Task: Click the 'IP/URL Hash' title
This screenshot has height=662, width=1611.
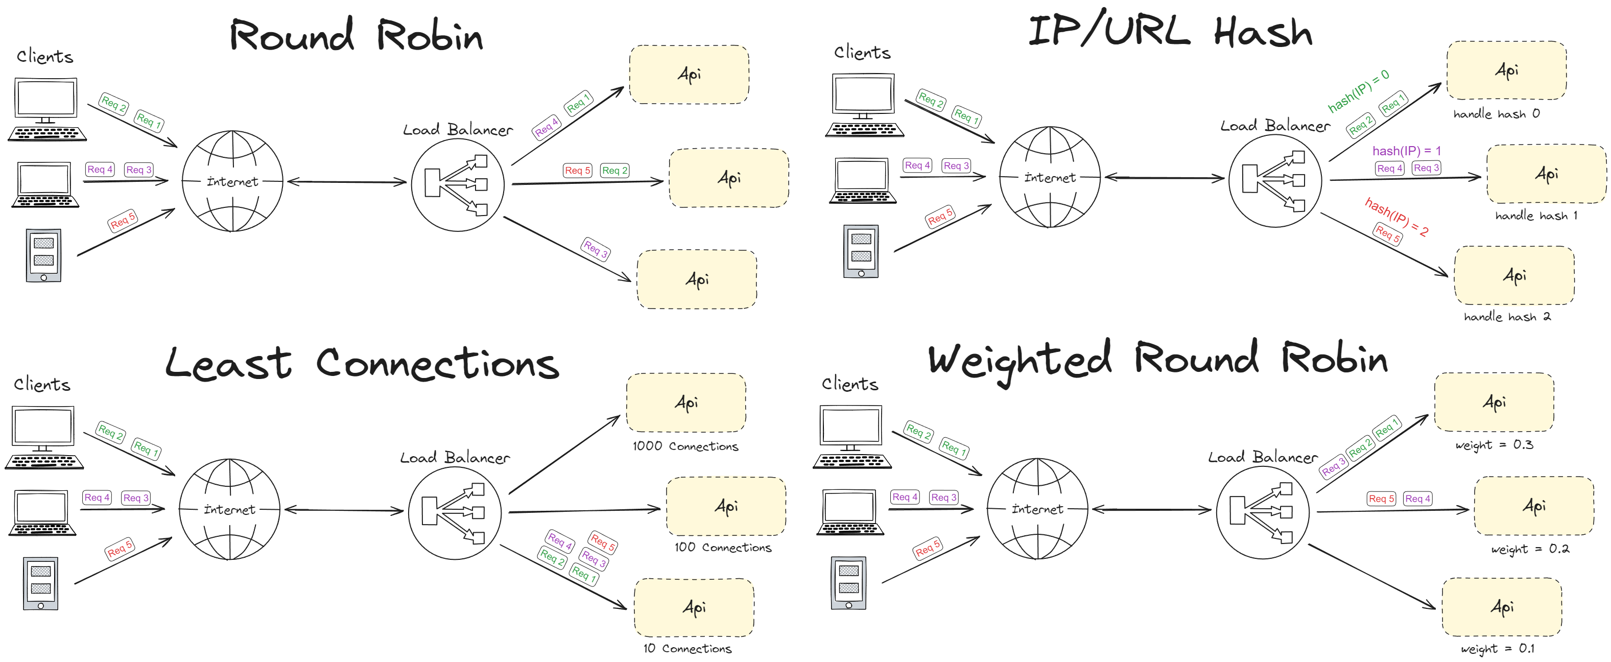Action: (x=1170, y=31)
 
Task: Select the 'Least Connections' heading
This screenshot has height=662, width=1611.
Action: (x=362, y=363)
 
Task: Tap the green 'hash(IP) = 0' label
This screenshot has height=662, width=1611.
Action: (x=1358, y=91)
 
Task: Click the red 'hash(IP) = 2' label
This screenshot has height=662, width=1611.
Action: (x=1396, y=217)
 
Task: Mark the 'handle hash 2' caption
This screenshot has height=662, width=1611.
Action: (x=1507, y=317)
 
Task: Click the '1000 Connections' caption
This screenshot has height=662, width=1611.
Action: (x=685, y=446)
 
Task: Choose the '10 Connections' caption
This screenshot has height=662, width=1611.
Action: (x=688, y=649)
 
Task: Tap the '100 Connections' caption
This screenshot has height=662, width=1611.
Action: (x=722, y=548)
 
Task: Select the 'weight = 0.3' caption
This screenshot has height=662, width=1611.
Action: (x=1494, y=445)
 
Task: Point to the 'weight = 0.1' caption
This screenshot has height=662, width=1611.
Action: (x=1497, y=649)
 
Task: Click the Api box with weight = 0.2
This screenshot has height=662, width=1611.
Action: (x=1533, y=506)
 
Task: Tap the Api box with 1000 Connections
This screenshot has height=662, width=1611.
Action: (x=686, y=403)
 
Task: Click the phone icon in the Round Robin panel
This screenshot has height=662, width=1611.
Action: (x=43, y=255)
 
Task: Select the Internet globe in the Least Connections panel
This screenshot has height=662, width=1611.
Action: (x=229, y=509)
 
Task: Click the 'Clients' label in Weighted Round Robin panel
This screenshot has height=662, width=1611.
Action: (x=849, y=384)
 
